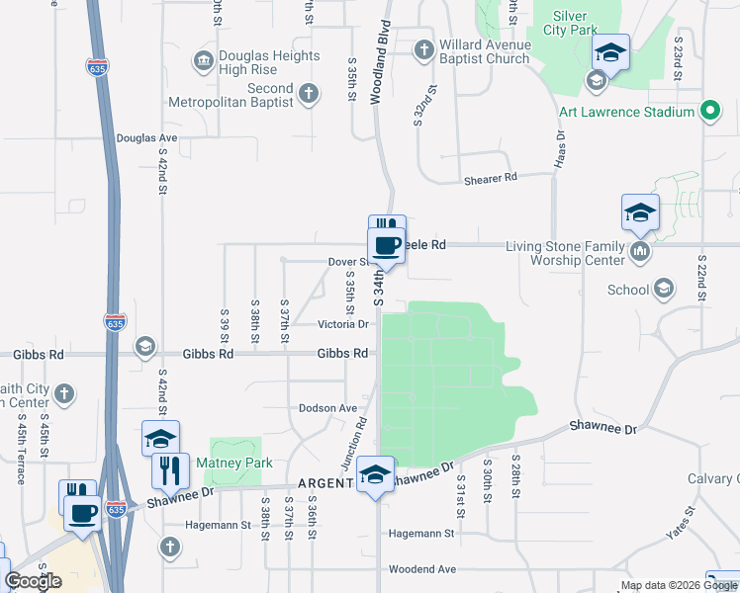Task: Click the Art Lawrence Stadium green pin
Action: [708, 112]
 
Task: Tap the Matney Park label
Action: [233, 463]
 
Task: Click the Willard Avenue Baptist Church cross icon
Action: [423, 49]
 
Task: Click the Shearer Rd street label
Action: [491, 179]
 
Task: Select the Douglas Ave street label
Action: [146, 138]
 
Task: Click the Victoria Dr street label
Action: [342, 324]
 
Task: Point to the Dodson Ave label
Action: [327, 408]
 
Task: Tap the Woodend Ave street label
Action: [421, 569]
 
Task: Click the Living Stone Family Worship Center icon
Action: [640, 252]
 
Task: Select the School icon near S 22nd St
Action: [664, 290]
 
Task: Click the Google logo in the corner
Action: [33, 580]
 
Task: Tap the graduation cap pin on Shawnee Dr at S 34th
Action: [376, 473]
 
